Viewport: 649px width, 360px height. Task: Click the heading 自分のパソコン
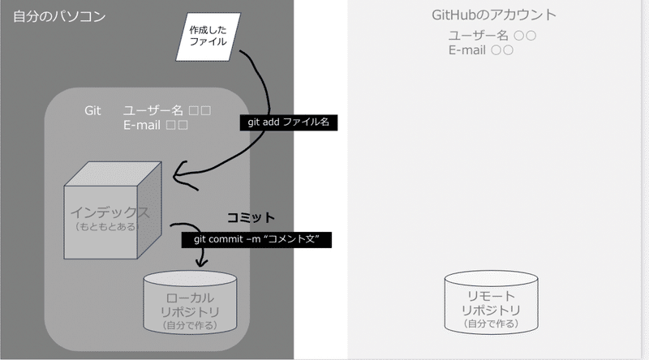tap(59, 16)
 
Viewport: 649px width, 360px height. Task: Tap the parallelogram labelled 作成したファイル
tap(208, 36)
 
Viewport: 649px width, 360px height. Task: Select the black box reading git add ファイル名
tap(289, 122)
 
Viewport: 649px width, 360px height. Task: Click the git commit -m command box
tap(256, 239)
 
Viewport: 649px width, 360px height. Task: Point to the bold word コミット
tap(251, 217)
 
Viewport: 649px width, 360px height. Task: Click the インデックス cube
tap(113, 210)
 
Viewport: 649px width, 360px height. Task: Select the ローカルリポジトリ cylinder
tap(190, 303)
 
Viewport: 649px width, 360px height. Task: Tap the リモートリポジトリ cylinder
tap(492, 302)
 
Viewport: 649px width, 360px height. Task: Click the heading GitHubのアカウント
tap(494, 15)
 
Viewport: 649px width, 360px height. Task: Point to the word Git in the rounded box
tap(92, 110)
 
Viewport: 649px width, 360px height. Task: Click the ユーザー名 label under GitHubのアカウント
tap(479, 36)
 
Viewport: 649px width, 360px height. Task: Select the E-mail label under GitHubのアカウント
tap(467, 50)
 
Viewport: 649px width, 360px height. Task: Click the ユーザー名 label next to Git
tap(153, 110)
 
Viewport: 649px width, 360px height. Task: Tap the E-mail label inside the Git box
tap(141, 125)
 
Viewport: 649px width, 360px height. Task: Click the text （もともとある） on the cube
tap(105, 227)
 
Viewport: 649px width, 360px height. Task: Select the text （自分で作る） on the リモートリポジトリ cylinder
tap(491, 324)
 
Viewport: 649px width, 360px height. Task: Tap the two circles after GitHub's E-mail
tap(502, 50)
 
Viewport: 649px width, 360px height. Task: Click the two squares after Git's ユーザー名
tap(200, 110)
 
